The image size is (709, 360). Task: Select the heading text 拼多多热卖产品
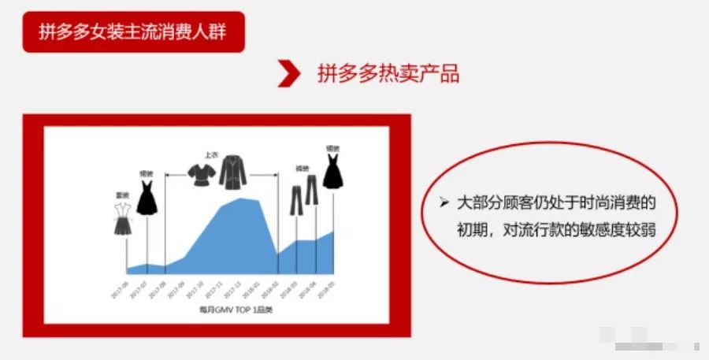[388, 73]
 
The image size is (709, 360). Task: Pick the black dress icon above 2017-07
[147, 197]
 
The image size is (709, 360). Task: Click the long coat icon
[232, 172]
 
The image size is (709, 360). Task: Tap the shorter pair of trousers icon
[296, 202]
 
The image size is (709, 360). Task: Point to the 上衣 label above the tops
[211, 155]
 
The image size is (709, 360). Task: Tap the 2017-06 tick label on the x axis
[120, 288]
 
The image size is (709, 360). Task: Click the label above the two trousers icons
[302, 168]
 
